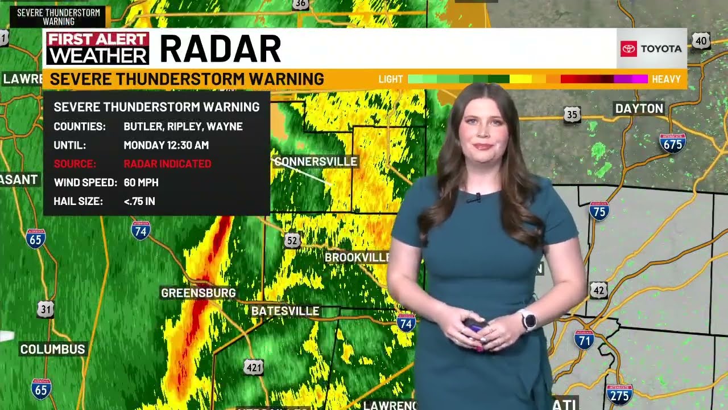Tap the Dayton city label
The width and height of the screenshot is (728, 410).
click(639, 108)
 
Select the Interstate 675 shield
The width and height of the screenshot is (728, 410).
click(672, 142)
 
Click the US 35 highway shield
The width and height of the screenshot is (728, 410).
click(572, 115)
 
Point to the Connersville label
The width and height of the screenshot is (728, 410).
click(316, 162)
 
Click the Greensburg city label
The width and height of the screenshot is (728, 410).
click(198, 293)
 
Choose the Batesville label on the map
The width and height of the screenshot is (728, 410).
click(285, 311)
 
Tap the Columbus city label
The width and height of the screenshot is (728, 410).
click(52, 349)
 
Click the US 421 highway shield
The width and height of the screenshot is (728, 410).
click(254, 367)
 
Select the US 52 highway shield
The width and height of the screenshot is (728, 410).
click(292, 241)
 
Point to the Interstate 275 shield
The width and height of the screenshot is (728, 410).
click(619, 393)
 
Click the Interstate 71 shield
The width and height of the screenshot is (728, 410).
click(584, 339)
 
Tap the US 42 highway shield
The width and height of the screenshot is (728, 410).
click(598, 290)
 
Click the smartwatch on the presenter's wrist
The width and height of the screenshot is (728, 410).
click(528, 320)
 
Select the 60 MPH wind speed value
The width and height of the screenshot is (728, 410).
click(141, 183)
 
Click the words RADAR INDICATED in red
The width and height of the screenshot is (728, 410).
click(167, 164)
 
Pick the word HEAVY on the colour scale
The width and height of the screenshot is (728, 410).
click(666, 79)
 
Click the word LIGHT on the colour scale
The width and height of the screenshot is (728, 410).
click(391, 79)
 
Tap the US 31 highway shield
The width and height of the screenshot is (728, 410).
click(45, 309)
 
